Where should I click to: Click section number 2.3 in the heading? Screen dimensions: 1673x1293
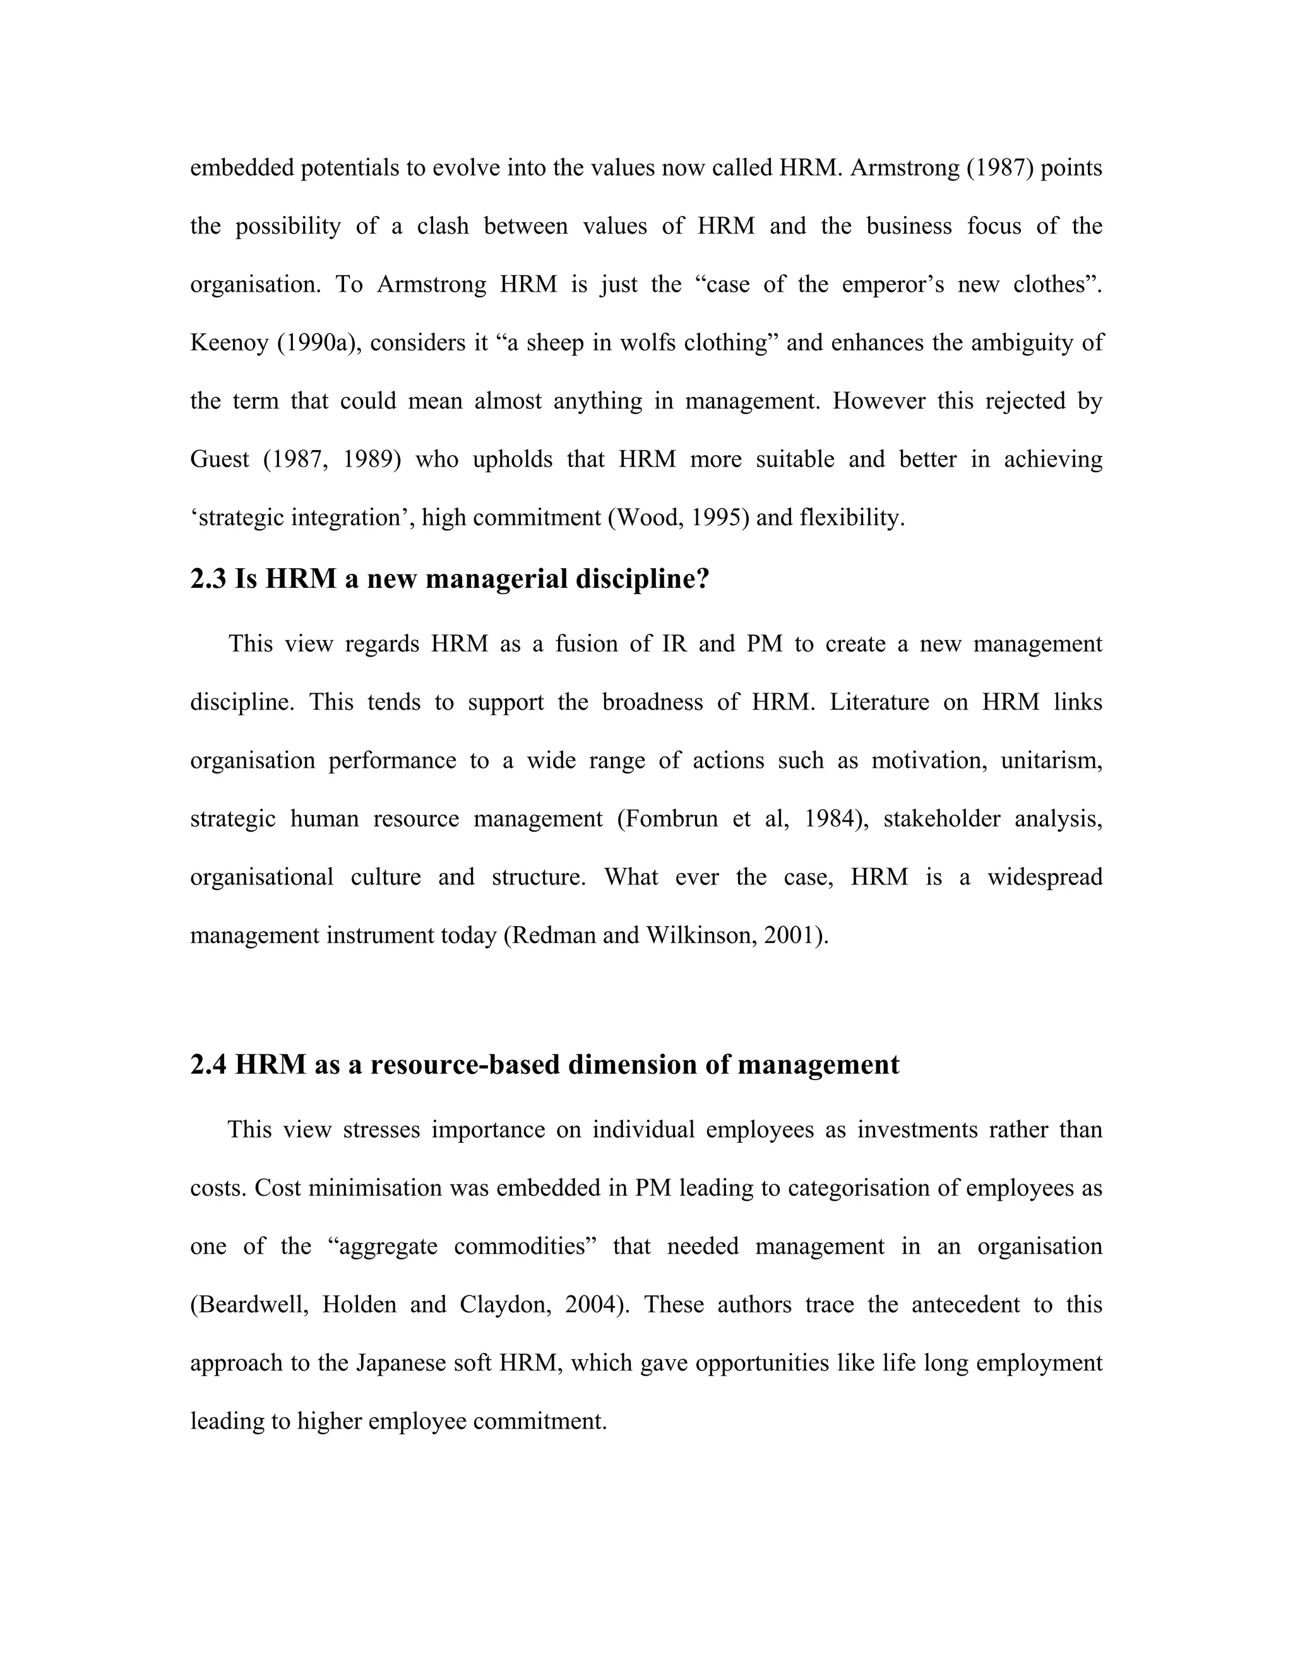[208, 579]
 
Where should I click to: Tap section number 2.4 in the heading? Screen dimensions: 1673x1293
[208, 1065]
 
